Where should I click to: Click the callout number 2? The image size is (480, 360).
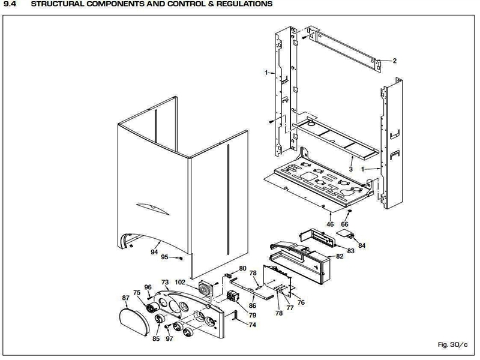[x=394, y=61]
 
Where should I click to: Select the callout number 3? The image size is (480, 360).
[x=351, y=169]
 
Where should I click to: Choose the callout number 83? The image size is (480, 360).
[x=351, y=251]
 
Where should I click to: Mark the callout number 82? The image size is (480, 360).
[x=340, y=256]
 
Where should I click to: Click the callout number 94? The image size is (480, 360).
[x=155, y=252]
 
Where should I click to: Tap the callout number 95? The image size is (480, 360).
[x=165, y=257]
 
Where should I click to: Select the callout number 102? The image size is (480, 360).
[x=180, y=282]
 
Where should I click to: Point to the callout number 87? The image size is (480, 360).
[x=125, y=297]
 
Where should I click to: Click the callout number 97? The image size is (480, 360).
[x=169, y=339]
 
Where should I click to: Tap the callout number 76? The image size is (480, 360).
[x=301, y=302]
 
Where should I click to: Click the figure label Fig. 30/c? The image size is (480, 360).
[x=453, y=344]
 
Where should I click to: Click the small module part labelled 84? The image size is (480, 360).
[x=346, y=233]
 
